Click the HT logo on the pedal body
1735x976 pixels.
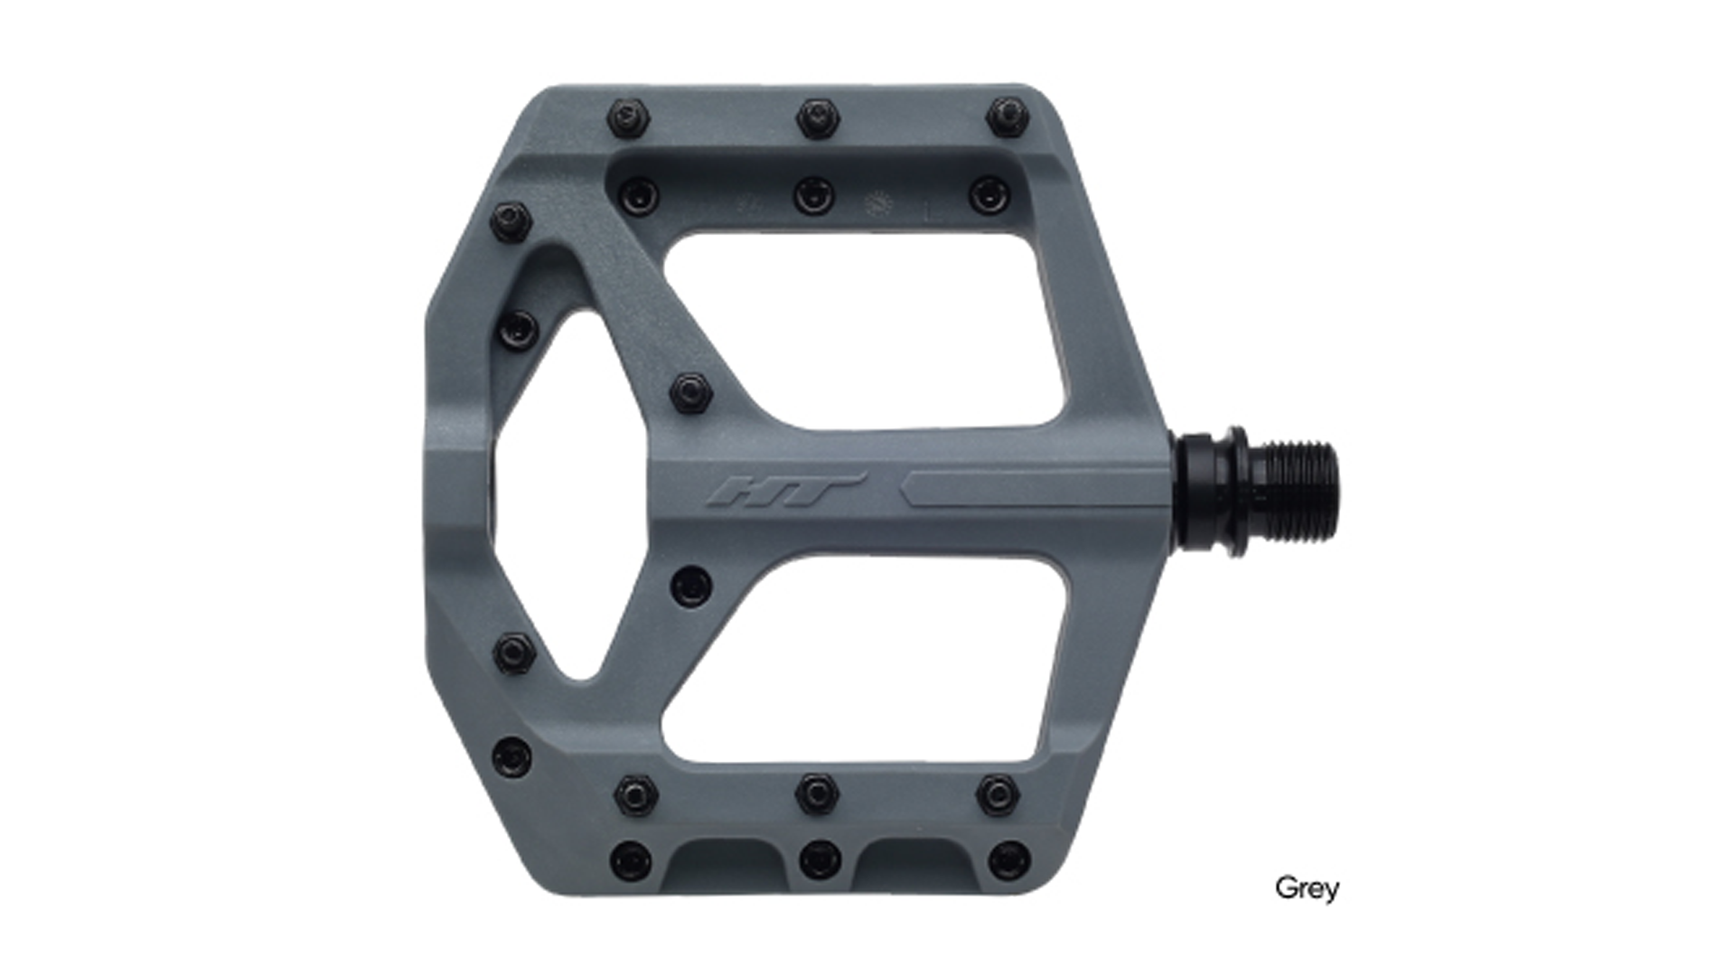tap(786, 490)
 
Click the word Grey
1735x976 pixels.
tap(1307, 887)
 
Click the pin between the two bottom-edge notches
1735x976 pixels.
tap(820, 859)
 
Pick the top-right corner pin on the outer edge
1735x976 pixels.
tap(1007, 115)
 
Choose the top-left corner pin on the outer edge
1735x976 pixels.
tap(630, 115)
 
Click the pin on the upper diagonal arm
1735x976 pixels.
tap(692, 393)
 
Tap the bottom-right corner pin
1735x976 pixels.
tap(1008, 860)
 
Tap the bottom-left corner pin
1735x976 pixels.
tap(631, 860)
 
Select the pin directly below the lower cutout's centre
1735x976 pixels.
tap(818, 793)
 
